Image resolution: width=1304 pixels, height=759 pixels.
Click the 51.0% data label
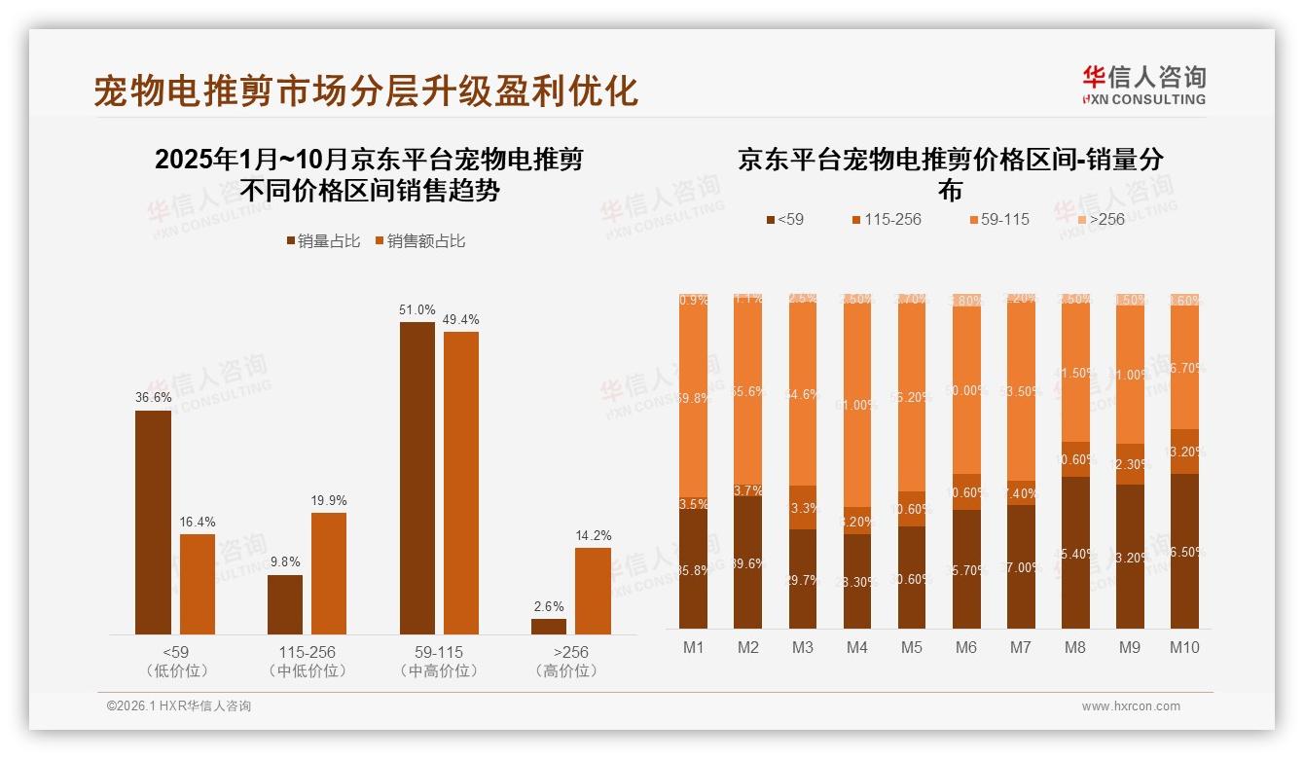(x=417, y=309)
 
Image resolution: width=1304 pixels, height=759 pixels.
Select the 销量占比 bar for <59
(x=153, y=523)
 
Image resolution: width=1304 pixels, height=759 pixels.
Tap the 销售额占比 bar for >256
(x=593, y=591)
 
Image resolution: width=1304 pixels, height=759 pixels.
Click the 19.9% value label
(x=329, y=500)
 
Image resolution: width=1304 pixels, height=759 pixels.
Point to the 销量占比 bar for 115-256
(x=285, y=604)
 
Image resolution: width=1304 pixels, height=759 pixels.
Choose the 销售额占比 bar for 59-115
(x=461, y=483)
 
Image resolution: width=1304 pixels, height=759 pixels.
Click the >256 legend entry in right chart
(x=1099, y=219)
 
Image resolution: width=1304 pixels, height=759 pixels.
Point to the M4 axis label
(x=856, y=647)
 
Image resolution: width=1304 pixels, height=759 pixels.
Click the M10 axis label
(x=1184, y=647)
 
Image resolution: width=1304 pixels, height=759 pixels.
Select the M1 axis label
(x=693, y=647)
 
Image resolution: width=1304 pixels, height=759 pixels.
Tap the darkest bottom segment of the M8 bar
(x=1075, y=552)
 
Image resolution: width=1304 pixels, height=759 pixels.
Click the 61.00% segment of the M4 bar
(x=857, y=405)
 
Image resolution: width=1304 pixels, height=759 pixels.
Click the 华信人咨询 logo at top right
(x=1143, y=84)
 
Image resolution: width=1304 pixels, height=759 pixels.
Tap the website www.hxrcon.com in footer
(x=1130, y=706)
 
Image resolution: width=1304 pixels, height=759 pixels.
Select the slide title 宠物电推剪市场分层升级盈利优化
(x=366, y=90)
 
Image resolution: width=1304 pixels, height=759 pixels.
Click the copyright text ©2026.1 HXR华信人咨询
(x=178, y=706)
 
